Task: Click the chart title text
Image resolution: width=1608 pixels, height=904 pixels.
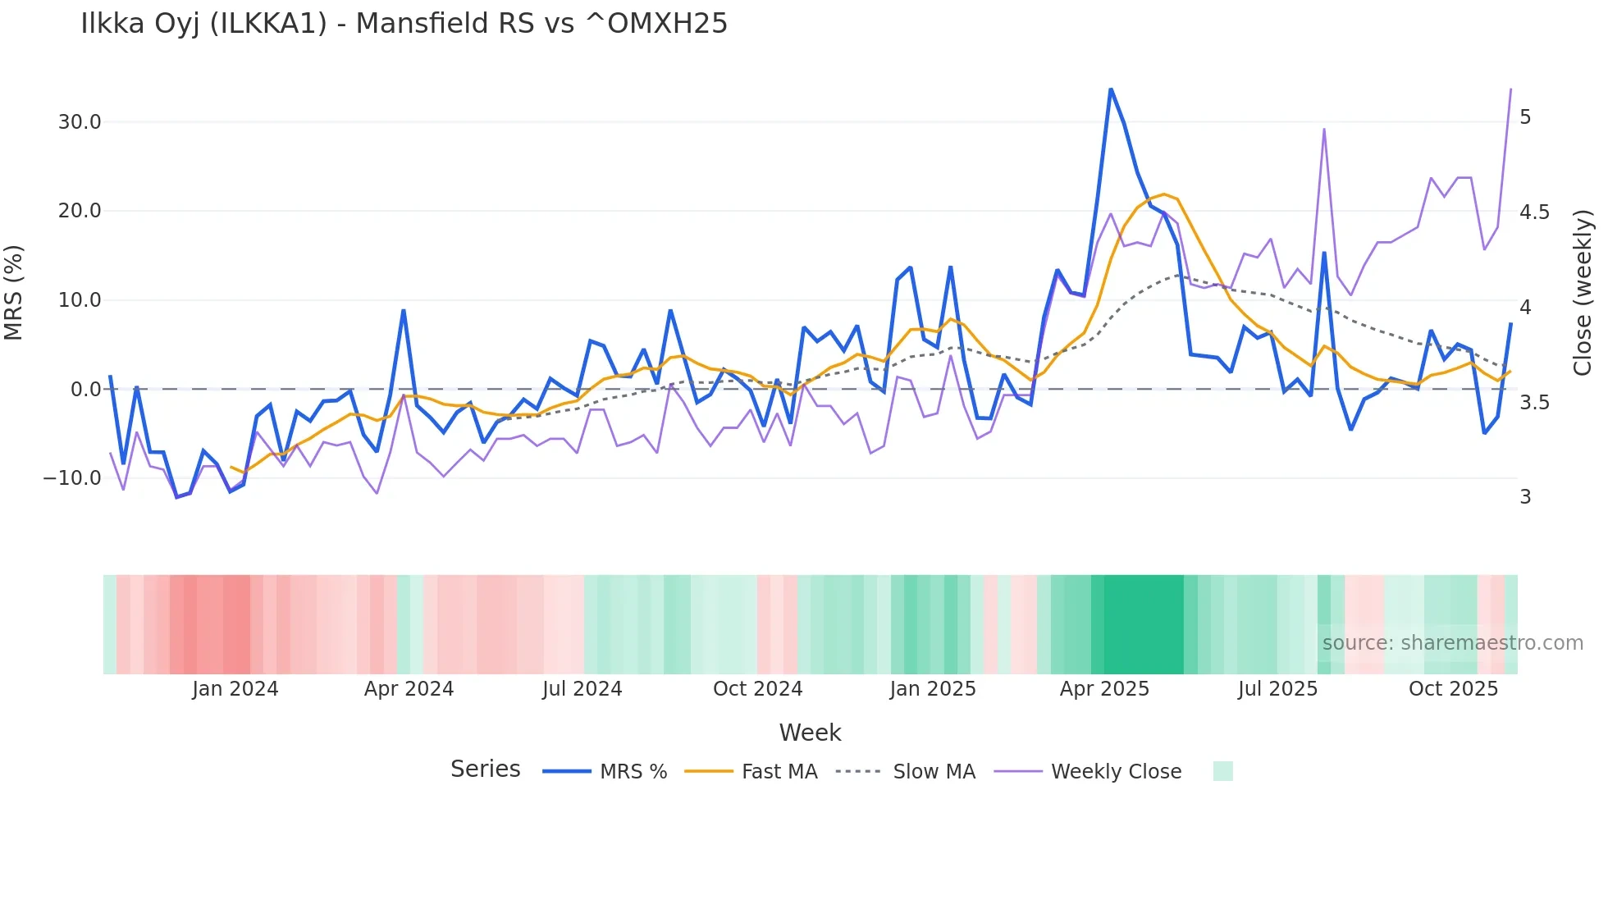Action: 404,24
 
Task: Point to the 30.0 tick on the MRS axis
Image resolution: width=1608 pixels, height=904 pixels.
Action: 80,122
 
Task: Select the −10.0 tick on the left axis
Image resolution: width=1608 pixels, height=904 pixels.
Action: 72,477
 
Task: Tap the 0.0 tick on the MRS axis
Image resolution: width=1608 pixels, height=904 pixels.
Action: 85,389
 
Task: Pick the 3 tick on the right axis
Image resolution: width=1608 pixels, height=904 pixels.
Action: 1525,497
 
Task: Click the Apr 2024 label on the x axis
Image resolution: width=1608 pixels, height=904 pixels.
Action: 409,689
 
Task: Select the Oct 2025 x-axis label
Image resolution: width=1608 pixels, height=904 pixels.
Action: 1453,689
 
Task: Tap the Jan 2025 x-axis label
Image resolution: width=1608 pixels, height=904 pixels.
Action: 933,689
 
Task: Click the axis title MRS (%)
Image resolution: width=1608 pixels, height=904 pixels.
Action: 13,292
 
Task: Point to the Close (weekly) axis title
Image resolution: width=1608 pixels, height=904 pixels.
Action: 1582,292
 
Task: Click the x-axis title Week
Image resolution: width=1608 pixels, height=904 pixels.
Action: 810,733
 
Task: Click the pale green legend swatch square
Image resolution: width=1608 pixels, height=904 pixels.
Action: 1222,771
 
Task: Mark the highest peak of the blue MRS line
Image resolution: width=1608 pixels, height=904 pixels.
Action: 1111,89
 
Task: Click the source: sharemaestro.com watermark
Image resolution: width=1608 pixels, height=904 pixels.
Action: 1452,643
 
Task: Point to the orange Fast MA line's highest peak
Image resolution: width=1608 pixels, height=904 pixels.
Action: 1163,194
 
